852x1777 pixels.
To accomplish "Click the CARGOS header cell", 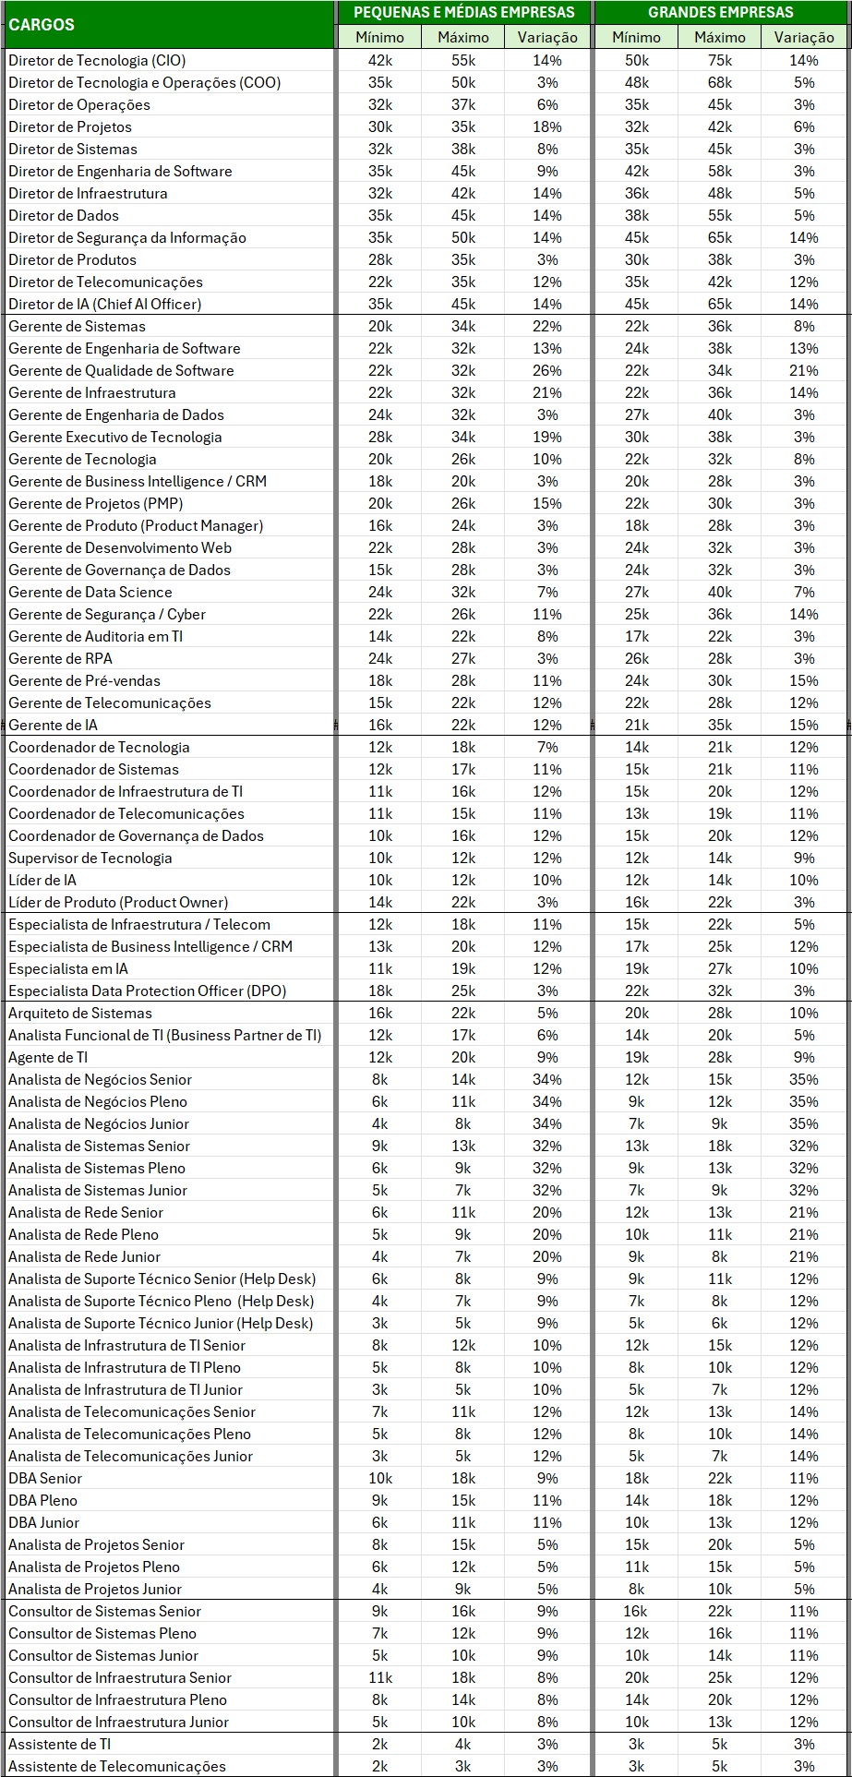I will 42,25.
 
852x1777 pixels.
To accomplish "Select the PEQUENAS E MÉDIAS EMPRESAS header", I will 463,12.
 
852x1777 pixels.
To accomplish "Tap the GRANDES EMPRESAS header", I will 720,12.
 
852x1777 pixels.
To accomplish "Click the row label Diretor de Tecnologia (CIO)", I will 97,60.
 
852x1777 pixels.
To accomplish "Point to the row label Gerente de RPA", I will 60,658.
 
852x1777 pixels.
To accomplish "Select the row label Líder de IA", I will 42,880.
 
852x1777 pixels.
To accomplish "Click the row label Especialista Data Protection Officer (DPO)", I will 148,991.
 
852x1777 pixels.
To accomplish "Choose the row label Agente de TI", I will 48,1057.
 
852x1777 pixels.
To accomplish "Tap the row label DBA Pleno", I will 42,1500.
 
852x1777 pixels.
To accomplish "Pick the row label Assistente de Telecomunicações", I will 117,1766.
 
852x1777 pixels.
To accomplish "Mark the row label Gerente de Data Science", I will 90,592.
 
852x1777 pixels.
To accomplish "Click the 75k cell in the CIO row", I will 720,60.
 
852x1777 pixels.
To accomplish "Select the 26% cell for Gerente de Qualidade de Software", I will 547,370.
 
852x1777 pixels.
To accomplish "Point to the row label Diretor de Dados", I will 64,215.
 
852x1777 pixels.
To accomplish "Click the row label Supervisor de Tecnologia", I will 90,858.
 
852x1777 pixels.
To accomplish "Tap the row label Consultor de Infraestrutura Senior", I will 120,1677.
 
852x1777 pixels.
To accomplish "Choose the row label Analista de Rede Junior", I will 85,1256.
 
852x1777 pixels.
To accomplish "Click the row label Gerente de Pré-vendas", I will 85,680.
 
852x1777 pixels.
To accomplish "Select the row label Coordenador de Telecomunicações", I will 126,813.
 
